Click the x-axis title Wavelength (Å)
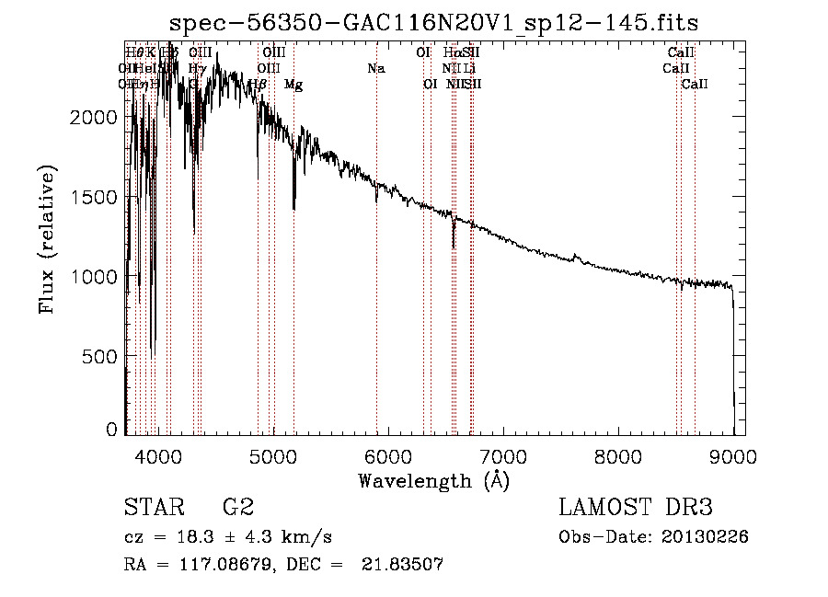point(433,480)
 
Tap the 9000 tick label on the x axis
point(733,454)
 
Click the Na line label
point(375,68)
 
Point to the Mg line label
point(293,85)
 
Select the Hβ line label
point(258,85)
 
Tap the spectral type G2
point(238,508)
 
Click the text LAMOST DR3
point(636,508)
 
